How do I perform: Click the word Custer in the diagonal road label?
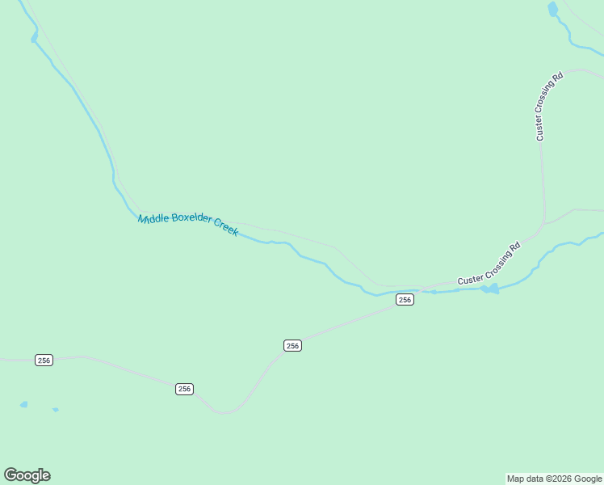pyautogui.click(x=471, y=278)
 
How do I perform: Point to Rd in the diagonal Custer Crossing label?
pyautogui.click(x=515, y=246)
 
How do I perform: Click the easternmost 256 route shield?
pyautogui.click(x=405, y=300)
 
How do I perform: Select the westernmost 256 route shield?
pyautogui.click(x=44, y=360)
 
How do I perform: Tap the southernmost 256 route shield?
pyautogui.click(x=184, y=389)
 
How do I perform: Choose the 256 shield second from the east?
pyautogui.click(x=292, y=345)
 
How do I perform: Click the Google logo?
pyautogui.click(x=27, y=475)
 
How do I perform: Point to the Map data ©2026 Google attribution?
pyautogui.click(x=555, y=479)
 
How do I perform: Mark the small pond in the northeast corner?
pyautogui.click(x=552, y=9)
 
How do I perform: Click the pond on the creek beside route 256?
pyautogui.click(x=489, y=289)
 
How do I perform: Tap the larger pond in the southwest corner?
pyautogui.click(x=23, y=404)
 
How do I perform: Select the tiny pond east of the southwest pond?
pyautogui.click(x=56, y=410)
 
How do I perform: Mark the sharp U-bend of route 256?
pyautogui.click(x=225, y=412)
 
